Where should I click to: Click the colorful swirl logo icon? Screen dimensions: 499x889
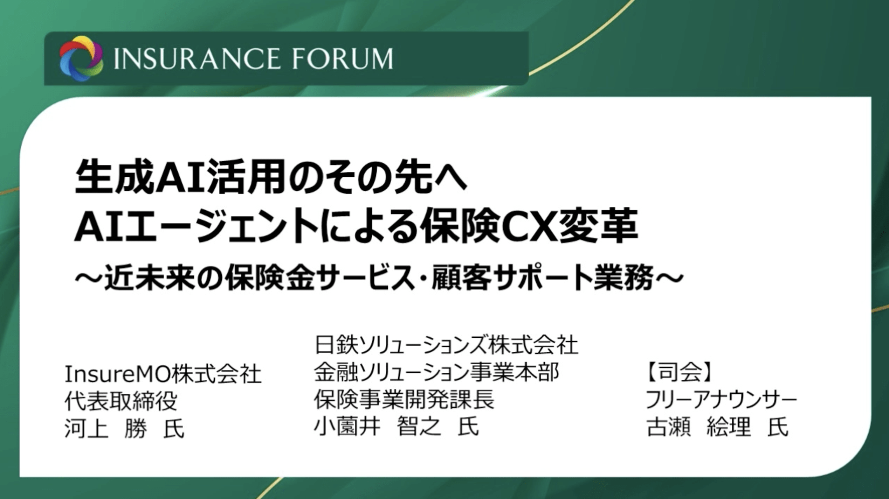click(x=81, y=58)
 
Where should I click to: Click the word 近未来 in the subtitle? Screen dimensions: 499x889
click(x=149, y=278)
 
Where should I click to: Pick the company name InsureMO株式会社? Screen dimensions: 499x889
click(x=163, y=374)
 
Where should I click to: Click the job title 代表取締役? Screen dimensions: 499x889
click(x=121, y=401)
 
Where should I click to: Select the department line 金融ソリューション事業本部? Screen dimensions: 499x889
click(x=436, y=372)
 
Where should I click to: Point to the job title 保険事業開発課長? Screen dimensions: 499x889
click(x=404, y=399)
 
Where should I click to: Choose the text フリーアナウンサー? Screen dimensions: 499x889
click(x=721, y=399)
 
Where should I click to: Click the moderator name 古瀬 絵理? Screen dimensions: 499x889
click(x=698, y=427)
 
